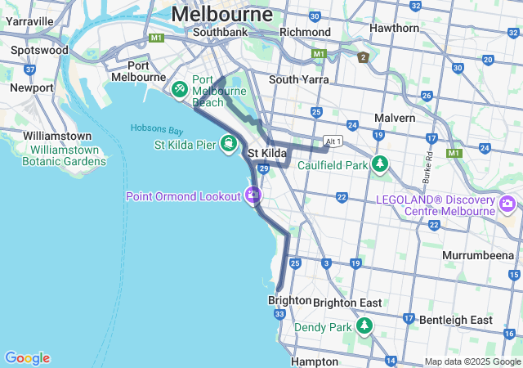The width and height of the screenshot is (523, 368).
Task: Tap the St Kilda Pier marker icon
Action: pyautogui.click(x=229, y=145)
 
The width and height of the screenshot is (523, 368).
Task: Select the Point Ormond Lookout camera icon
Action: pyautogui.click(x=253, y=195)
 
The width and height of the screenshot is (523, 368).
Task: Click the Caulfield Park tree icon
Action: pyautogui.click(x=379, y=164)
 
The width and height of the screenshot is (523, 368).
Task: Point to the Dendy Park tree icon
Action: pyautogui.click(x=364, y=327)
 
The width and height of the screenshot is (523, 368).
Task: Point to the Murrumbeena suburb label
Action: pyautogui.click(x=477, y=255)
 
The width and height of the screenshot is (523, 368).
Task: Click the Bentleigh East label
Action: pyautogui.click(x=463, y=320)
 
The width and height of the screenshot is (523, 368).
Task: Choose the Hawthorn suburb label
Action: pyautogui.click(x=394, y=27)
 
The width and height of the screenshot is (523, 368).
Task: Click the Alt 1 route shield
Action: pyautogui.click(x=332, y=140)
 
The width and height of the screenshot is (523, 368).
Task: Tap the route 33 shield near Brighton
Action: pyautogui.click(x=280, y=314)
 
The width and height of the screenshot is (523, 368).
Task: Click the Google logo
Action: pyautogui.click(x=27, y=358)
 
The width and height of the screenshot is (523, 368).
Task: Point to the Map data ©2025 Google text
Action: pyautogui.click(x=472, y=361)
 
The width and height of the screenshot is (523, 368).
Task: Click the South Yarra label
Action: pyautogui.click(x=299, y=79)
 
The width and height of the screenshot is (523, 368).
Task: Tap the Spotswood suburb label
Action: pyautogui.click(x=39, y=50)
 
